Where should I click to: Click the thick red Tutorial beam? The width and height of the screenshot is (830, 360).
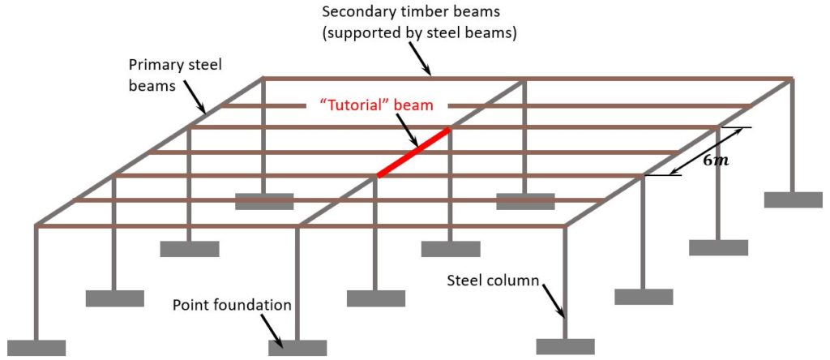tap(413, 152)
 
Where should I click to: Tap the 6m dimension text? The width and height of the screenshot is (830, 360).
tap(716, 160)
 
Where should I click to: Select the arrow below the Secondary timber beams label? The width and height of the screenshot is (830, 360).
tap(421, 58)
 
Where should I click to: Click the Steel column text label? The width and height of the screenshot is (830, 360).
tap(493, 281)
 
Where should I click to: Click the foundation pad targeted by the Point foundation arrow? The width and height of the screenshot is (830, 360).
tap(297, 348)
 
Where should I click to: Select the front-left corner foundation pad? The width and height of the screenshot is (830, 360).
tap(36, 347)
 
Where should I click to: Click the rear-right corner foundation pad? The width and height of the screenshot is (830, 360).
tap(793, 199)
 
